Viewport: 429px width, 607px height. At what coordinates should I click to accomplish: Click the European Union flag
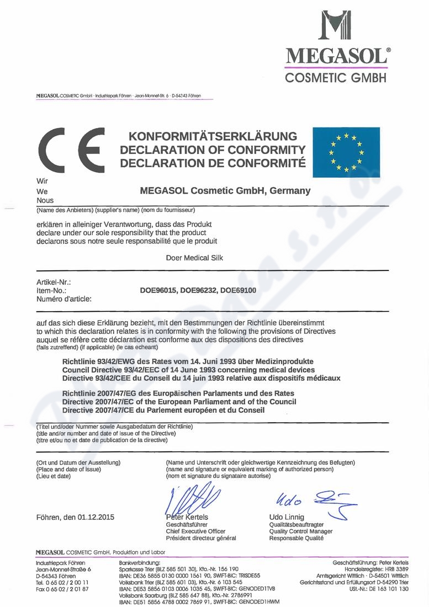click(x=346, y=152)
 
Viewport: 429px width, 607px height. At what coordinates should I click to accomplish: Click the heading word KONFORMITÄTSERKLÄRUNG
click(x=213, y=136)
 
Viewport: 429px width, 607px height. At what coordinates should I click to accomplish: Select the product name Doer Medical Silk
click(x=194, y=258)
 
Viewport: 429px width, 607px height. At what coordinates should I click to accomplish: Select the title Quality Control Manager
click(x=301, y=531)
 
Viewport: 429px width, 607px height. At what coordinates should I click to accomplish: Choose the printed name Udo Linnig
click(x=287, y=517)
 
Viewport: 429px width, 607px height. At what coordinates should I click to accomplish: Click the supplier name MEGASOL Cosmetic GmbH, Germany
click(x=225, y=191)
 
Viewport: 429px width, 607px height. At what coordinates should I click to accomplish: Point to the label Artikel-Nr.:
click(x=53, y=282)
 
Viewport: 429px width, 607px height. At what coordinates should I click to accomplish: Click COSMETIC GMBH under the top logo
click(x=336, y=78)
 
